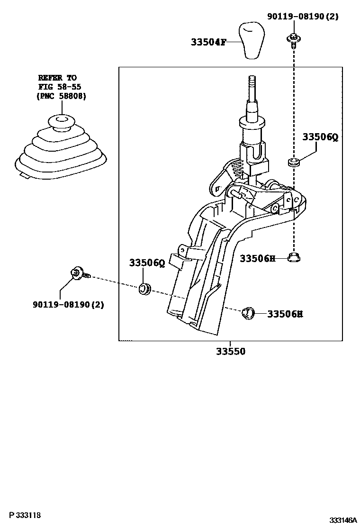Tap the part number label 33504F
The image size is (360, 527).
(207, 42)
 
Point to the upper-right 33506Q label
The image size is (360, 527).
(321, 137)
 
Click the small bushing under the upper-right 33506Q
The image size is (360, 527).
(294, 164)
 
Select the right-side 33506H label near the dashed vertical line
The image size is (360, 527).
(257, 258)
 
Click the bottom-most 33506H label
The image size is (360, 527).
(285, 314)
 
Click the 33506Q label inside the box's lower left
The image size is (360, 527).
(147, 263)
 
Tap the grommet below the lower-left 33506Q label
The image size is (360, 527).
(145, 288)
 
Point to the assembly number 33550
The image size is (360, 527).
(231, 352)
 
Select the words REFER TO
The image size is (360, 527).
(57, 77)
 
